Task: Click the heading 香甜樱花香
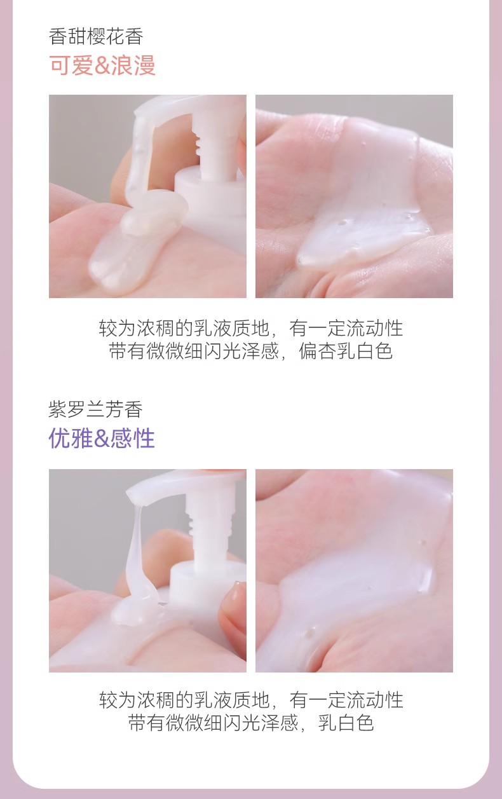[96, 37]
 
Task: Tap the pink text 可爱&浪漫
[102, 65]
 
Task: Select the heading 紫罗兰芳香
[95, 409]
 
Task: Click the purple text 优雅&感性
[102, 438]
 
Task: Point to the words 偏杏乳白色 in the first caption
[346, 351]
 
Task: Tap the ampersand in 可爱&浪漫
[102, 65]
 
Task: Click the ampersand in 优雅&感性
[102, 439]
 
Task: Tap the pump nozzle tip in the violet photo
[132, 493]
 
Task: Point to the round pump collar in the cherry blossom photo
[210, 182]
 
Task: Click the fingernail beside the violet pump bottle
[234, 597]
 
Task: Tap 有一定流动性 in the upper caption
[346, 328]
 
